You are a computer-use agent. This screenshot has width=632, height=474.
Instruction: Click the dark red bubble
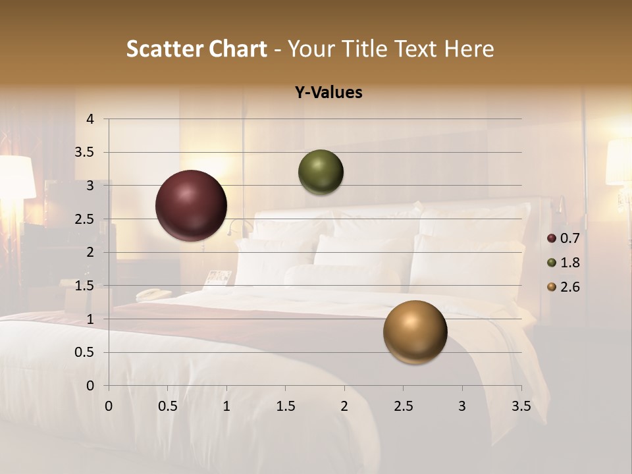(191, 205)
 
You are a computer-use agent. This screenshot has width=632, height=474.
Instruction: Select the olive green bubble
(321, 172)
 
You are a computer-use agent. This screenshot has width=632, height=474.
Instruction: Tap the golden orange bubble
(415, 332)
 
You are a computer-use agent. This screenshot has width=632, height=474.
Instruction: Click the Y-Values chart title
(329, 93)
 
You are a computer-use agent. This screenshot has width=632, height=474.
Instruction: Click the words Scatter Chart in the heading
(196, 49)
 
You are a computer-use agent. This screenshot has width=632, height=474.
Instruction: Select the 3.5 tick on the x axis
(521, 406)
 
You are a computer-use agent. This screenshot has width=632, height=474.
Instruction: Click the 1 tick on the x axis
(226, 406)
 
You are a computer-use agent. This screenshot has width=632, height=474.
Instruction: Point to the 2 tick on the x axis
(344, 406)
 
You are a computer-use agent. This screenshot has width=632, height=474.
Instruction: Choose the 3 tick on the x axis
(462, 406)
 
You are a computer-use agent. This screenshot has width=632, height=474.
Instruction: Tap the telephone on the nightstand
(153, 294)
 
